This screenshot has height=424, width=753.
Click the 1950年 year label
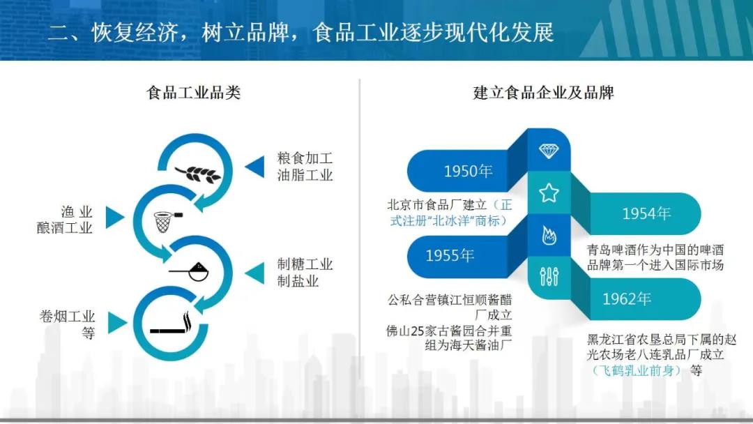pyautogui.click(x=468, y=171)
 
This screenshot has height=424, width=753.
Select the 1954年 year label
pyautogui.click(x=646, y=213)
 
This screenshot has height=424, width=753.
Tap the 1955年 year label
pyautogui.click(x=450, y=255)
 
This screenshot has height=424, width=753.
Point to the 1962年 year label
pyautogui.click(x=627, y=298)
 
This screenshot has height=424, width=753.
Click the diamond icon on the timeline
pyautogui.click(x=549, y=151)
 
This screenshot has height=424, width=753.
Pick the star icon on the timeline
pyautogui.click(x=549, y=193)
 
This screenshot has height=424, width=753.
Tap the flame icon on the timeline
pyautogui.click(x=549, y=235)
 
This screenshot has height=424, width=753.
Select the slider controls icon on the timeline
pyautogui.click(x=549, y=276)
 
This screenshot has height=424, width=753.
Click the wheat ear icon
pyautogui.click(x=198, y=174)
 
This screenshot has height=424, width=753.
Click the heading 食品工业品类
pyautogui.click(x=194, y=92)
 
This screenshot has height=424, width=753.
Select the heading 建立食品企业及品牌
pyautogui.click(x=543, y=92)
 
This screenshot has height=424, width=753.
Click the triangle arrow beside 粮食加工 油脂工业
pyautogui.click(x=254, y=167)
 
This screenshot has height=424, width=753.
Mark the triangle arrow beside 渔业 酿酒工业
pyautogui.click(x=115, y=217)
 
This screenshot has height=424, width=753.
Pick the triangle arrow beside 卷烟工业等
pyautogui.click(x=118, y=323)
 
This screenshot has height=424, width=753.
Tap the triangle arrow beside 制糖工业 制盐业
pyautogui.click(x=254, y=273)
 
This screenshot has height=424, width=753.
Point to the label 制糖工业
pyautogui.click(x=305, y=264)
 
